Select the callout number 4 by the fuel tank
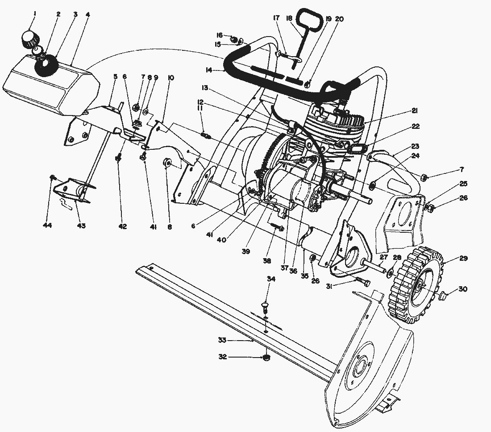pyautogui.click(x=87, y=14)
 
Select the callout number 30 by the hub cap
pyautogui.click(x=462, y=289)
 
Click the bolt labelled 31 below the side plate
pyautogui.click(x=360, y=281)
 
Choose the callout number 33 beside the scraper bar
pyautogui.click(x=223, y=340)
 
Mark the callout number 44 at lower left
pyautogui.click(x=47, y=226)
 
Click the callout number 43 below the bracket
pyautogui.click(x=81, y=226)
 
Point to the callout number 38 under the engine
pyautogui.click(x=267, y=262)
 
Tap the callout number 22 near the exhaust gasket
pyautogui.click(x=416, y=127)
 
